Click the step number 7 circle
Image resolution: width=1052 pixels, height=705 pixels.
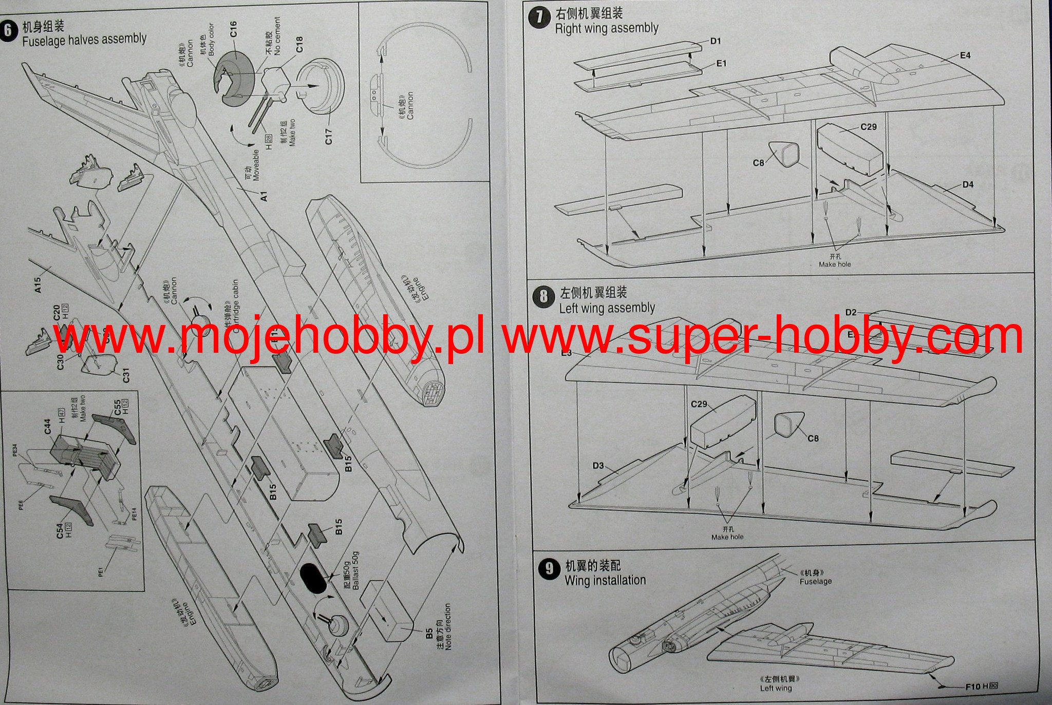tap(539, 17)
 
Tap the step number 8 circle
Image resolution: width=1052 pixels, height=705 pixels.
tap(544, 297)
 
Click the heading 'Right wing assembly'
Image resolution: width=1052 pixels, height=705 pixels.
tap(607, 28)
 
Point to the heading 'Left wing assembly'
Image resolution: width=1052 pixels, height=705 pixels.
tap(607, 308)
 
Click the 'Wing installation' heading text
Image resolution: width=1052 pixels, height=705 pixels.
tap(605, 580)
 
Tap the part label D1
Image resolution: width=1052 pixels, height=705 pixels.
tap(716, 41)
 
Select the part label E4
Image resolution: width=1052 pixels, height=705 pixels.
tap(965, 55)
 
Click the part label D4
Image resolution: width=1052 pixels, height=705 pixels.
tap(968, 184)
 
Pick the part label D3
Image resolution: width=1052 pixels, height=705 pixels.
tap(598, 466)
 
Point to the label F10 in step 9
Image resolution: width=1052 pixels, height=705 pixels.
tap(973, 687)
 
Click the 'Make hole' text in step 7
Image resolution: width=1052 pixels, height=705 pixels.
tap(835, 264)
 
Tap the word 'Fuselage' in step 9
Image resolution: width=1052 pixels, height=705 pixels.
tap(816, 581)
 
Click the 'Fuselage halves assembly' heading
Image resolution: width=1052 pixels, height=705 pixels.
tap(84, 40)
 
